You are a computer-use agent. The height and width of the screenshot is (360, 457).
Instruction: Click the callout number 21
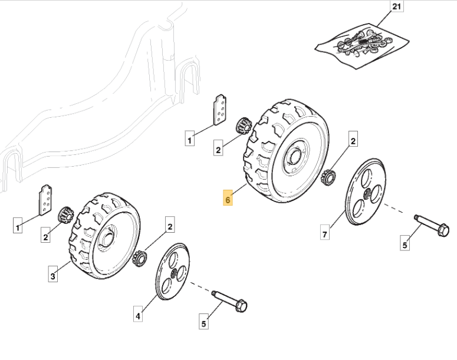397,6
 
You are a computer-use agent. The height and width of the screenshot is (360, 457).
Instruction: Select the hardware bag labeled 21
362,46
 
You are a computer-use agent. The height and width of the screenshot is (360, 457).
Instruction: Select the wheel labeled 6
286,151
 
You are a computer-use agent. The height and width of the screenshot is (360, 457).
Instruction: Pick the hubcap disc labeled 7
366,192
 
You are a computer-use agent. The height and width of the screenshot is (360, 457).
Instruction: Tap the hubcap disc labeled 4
173,272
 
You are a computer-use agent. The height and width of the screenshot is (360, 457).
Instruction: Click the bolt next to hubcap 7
432,226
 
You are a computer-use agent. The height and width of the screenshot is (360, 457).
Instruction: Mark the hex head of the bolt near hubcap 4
241,306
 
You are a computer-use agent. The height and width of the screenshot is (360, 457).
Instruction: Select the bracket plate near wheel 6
220,110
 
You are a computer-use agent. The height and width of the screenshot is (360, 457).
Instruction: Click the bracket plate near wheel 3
46,200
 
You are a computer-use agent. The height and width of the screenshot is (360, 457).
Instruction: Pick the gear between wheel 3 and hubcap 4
140,258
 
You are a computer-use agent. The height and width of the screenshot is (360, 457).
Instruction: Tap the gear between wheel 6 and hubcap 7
328,177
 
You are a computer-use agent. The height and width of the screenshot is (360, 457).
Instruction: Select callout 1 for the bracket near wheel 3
18,225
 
